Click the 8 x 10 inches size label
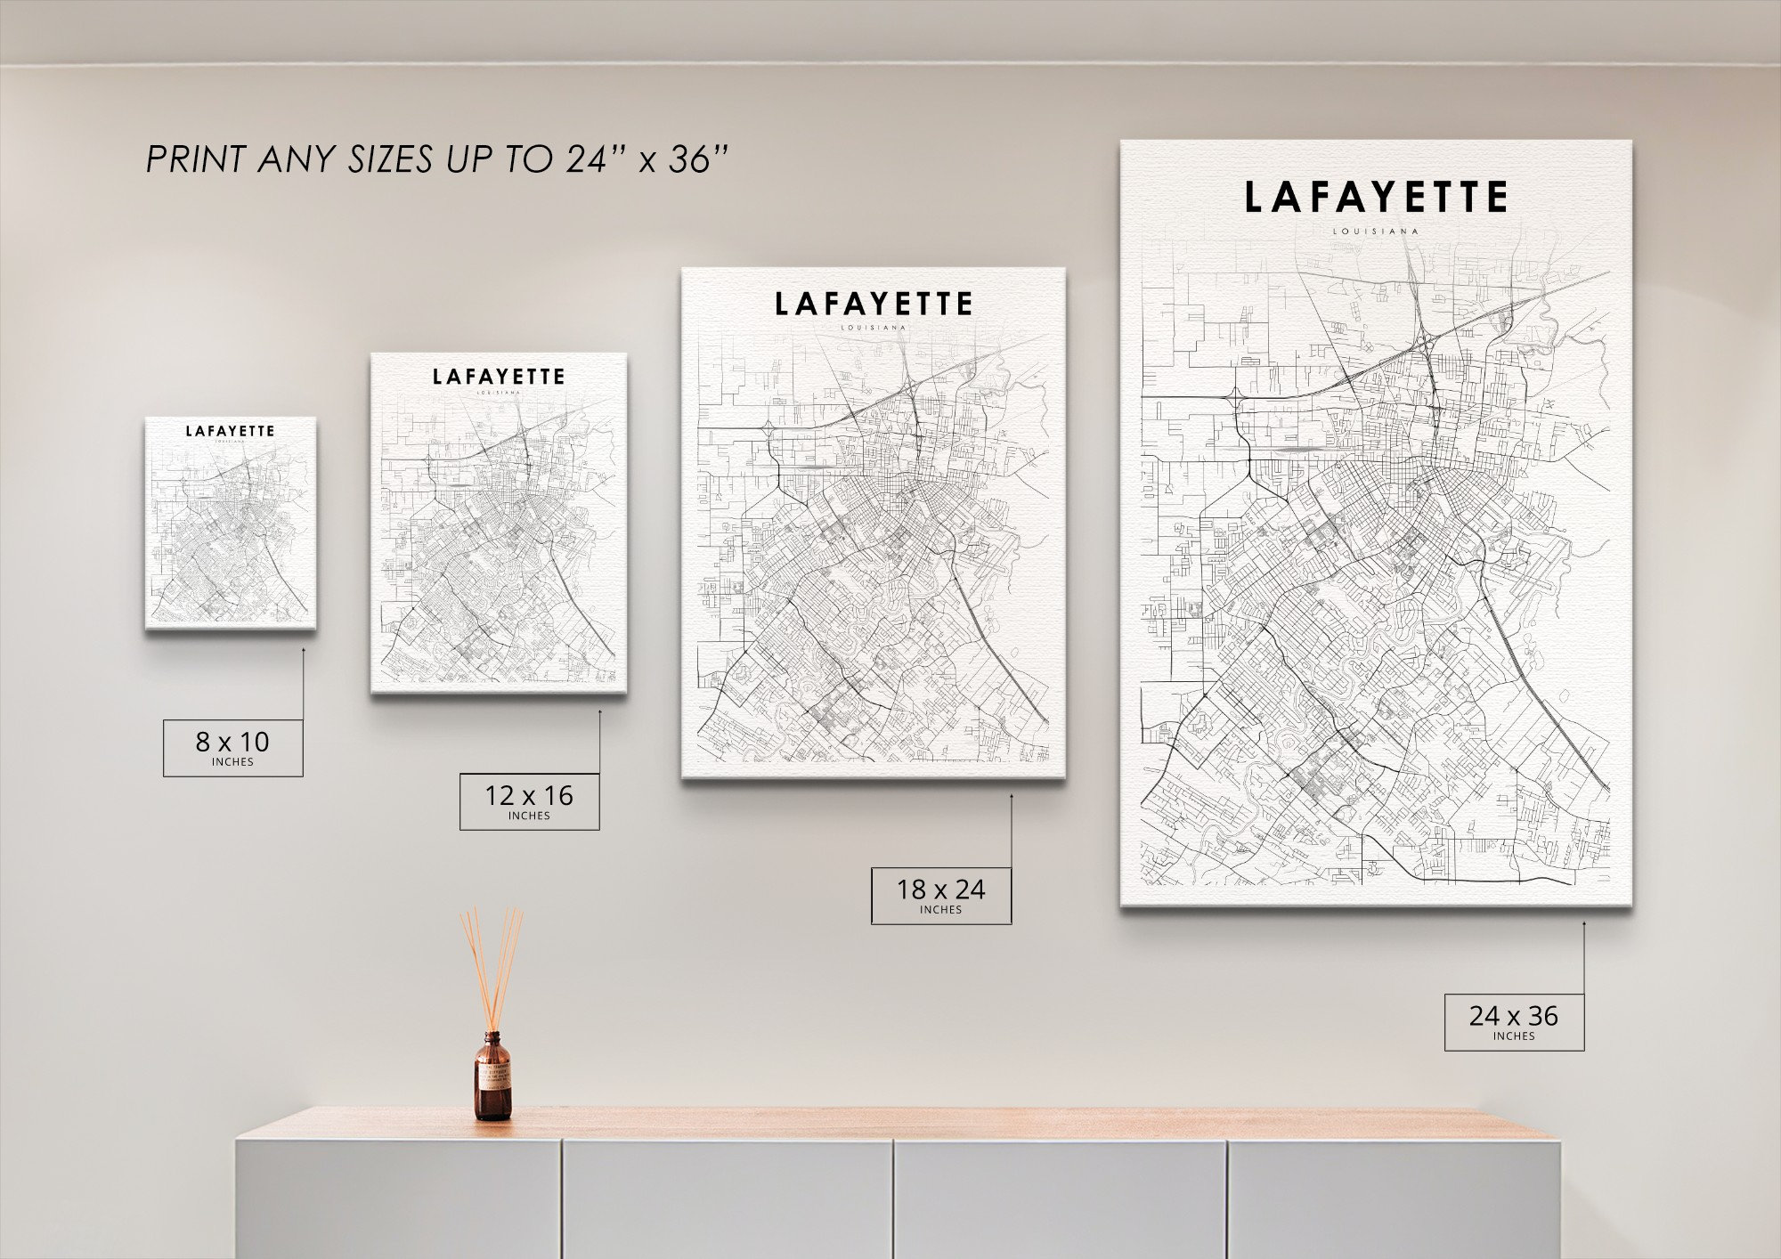click(x=232, y=747)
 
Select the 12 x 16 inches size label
click(x=529, y=801)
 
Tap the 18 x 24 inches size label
click(x=940, y=895)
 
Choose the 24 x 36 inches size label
click(x=1514, y=1021)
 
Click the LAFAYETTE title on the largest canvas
click(x=1376, y=198)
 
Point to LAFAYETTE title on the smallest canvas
click(x=230, y=431)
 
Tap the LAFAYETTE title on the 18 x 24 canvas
click(x=873, y=305)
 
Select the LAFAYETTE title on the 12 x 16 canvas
click(x=499, y=377)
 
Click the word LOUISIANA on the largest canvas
click(x=1376, y=231)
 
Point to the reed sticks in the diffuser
click(x=492, y=966)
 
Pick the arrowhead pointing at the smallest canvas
click(x=303, y=651)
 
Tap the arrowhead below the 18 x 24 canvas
click(x=1011, y=798)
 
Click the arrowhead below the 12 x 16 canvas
click(x=599, y=712)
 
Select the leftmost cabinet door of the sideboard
click(x=398, y=1198)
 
